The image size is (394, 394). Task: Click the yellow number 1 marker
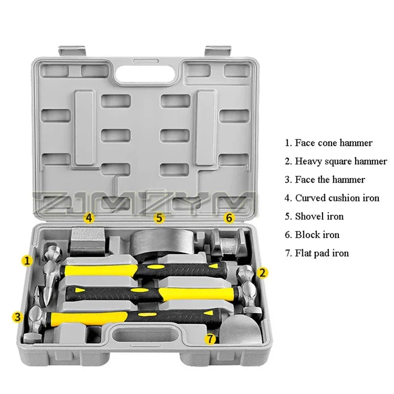click(27, 261)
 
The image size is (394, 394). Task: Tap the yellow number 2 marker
click(262, 273)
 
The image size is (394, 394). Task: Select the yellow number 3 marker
click(18, 317)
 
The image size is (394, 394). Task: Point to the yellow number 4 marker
click(89, 218)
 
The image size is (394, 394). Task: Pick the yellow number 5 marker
click(159, 218)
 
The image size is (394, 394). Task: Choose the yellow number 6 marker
click(229, 218)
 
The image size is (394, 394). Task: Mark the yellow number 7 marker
click(210, 339)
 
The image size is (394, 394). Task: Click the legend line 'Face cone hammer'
click(328, 143)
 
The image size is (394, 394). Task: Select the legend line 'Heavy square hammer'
click(336, 162)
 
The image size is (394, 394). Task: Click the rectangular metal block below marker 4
click(87, 240)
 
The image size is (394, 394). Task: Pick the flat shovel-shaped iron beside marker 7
click(241, 329)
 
